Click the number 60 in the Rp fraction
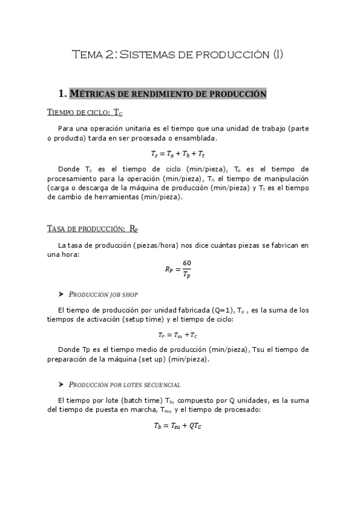186,264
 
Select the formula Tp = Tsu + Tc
178,335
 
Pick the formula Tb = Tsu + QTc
178,426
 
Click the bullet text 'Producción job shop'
103,295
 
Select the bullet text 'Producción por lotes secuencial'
125,385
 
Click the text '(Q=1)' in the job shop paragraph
217,310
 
